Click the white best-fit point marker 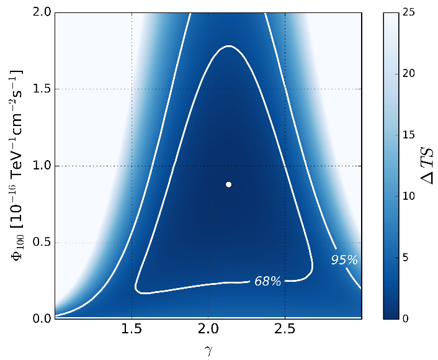229,184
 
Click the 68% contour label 267,281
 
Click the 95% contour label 344,260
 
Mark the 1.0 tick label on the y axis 41,166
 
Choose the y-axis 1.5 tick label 41,89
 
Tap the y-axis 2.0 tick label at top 41,12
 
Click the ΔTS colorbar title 427,166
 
